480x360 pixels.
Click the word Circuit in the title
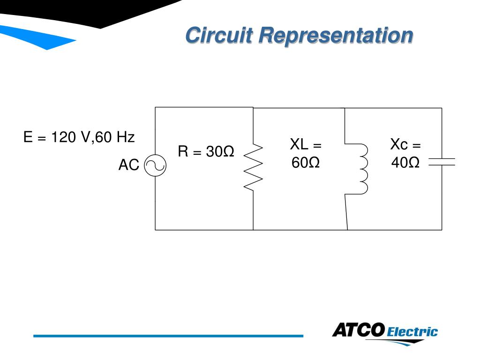click(219, 36)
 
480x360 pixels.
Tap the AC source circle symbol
click(155, 165)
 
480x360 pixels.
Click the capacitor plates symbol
click(442, 162)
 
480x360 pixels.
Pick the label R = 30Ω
click(206, 152)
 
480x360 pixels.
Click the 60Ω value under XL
click(305, 163)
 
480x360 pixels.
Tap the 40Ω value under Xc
click(405, 163)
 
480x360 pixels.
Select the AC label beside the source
click(128, 165)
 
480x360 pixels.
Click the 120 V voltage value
click(71, 137)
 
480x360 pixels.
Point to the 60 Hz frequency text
click(115, 137)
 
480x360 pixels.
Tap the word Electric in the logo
click(412, 332)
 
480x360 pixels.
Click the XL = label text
click(306, 144)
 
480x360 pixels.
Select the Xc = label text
click(405, 144)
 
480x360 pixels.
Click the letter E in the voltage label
click(29, 137)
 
